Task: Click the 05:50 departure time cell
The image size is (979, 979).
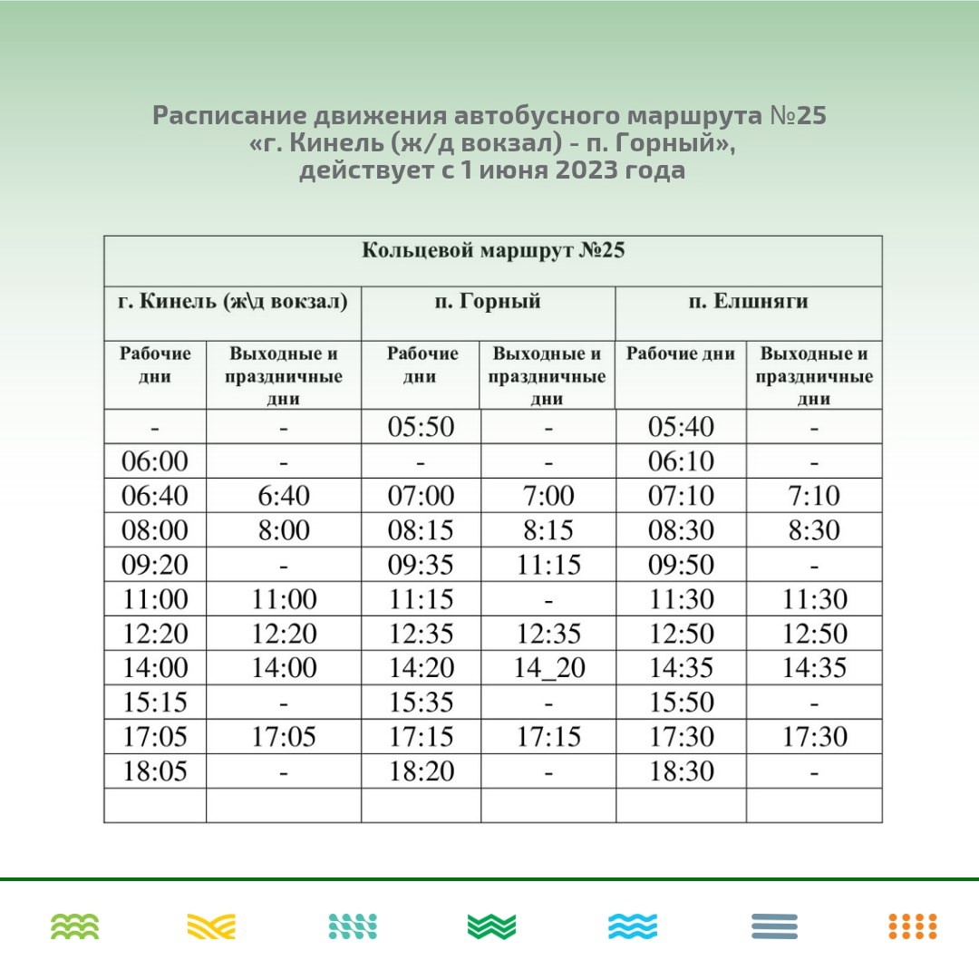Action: pos(421,427)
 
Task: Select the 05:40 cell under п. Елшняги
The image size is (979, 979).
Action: pos(681,427)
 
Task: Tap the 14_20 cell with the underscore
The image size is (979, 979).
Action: pos(548,668)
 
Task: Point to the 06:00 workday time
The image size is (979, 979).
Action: pos(155,461)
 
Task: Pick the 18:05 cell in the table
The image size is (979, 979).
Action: pos(155,771)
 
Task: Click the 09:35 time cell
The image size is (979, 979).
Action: pos(421,565)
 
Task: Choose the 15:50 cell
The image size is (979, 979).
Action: pos(681,703)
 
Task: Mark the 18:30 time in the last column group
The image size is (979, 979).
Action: pos(681,771)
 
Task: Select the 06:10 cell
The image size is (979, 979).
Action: pos(681,461)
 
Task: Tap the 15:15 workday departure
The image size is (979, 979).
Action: pos(155,703)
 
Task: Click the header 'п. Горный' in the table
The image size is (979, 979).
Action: pos(487,302)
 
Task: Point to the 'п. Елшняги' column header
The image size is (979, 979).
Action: pos(747,302)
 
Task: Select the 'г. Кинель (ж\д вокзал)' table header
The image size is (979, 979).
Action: pos(233,302)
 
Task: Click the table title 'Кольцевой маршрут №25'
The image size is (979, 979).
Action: pos(493,251)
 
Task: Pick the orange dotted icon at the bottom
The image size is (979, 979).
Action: pos(912,926)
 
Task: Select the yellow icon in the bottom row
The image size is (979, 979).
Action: pos(211,926)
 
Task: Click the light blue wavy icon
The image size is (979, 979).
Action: pos(633,926)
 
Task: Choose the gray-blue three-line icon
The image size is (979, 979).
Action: pos(774,926)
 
